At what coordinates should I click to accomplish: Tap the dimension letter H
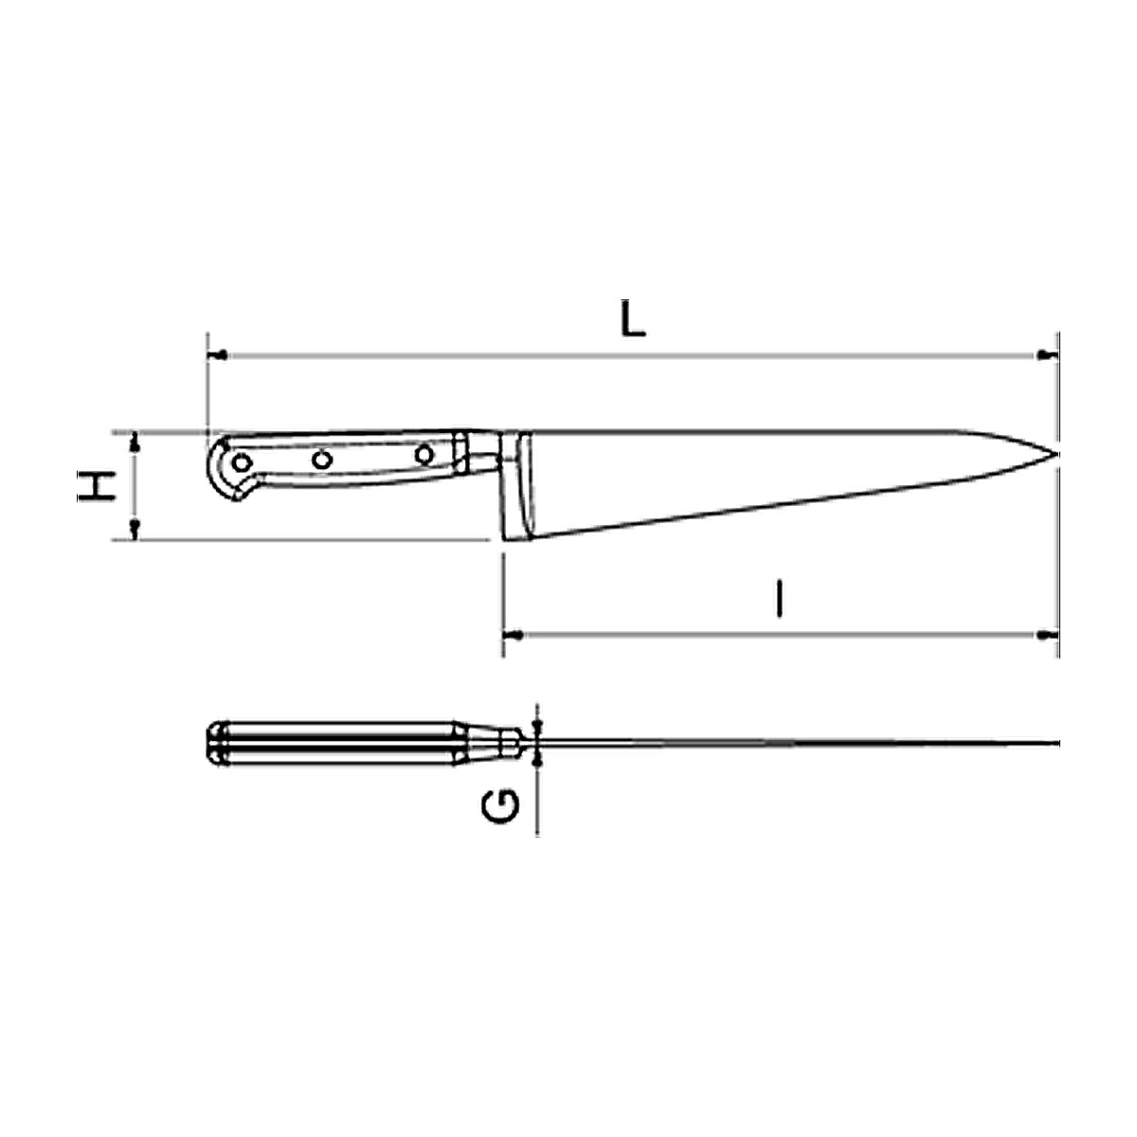(97, 486)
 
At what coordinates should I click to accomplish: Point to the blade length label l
(780, 598)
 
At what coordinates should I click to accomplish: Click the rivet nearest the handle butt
(242, 463)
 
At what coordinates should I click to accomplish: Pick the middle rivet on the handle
(322, 460)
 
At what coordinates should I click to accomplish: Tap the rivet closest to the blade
(424, 455)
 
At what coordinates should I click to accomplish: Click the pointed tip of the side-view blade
(1056, 454)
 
